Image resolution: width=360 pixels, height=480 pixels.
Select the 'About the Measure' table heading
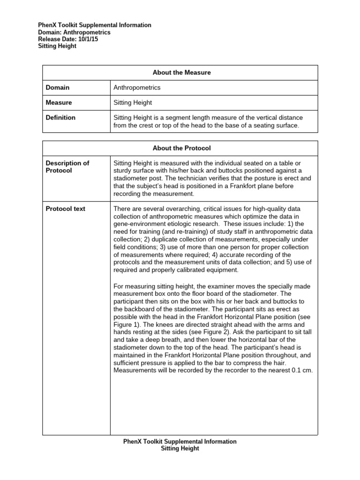click(x=181, y=73)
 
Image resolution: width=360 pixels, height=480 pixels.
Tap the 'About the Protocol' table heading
click(x=181, y=148)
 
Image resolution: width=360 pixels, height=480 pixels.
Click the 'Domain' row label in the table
click(x=58, y=88)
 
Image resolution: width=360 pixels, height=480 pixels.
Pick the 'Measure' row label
click(x=59, y=102)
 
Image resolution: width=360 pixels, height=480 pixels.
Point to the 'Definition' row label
click(x=60, y=118)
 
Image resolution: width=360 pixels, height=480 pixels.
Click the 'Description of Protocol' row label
click(x=67, y=167)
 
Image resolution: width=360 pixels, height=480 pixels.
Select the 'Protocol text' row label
click(x=66, y=209)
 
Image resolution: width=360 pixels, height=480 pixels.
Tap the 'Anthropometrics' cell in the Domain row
click(x=137, y=88)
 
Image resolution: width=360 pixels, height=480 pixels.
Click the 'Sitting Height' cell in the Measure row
click(x=133, y=102)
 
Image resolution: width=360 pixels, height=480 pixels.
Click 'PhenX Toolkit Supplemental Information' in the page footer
click(x=180, y=442)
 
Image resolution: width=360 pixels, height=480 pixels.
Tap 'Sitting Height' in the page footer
click(x=180, y=449)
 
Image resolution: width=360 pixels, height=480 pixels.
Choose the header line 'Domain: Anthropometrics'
click(x=74, y=32)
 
